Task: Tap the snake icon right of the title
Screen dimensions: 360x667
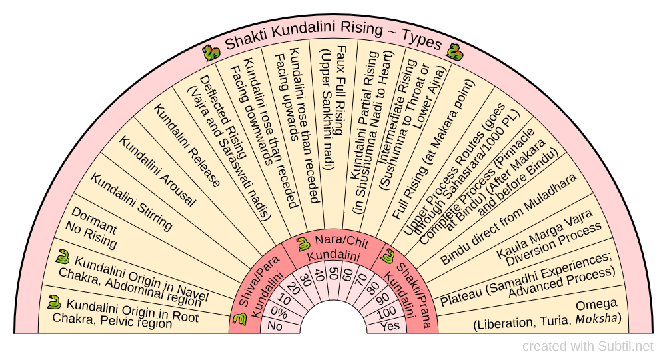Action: click(x=455, y=52)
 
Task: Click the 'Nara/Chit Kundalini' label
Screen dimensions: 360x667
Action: click(x=333, y=248)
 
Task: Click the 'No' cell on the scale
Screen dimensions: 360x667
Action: click(x=275, y=326)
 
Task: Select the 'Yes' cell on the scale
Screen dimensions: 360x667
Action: click(x=390, y=326)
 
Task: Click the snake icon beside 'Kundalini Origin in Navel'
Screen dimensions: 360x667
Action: click(x=64, y=258)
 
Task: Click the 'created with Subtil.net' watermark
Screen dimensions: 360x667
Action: click(x=587, y=346)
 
